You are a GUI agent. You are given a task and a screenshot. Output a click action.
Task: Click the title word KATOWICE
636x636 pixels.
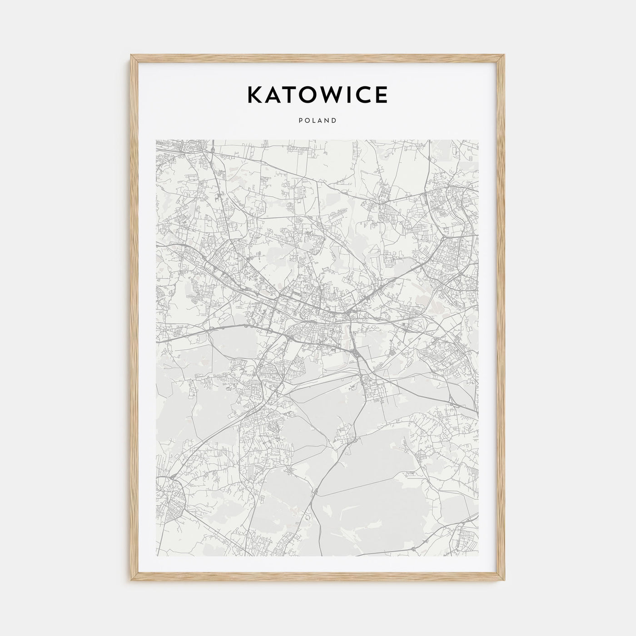pyautogui.click(x=317, y=94)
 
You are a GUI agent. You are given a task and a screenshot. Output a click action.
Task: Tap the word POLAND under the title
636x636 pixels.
pyautogui.click(x=318, y=121)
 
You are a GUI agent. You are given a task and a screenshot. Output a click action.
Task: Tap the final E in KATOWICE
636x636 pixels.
pyautogui.click(x=382, y=94)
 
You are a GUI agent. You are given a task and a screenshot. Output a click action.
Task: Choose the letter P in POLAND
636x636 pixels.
pyautogui.click(x=301, y=121)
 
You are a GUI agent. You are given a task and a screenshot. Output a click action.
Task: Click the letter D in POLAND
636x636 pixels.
pyautogui.click(x=334, y=121)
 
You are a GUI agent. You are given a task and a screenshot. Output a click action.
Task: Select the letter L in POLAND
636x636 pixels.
pyautogui.click(x=314, y=121)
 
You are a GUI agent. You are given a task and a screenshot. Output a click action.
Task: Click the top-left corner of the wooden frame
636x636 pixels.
pyautogui.click(x=130, y=55)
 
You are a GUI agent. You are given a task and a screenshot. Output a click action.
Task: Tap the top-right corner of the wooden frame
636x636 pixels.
pyautogui.click(x=505, y=55)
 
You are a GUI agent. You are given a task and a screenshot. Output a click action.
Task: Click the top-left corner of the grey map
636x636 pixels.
pyautogui.click(x=156, y=140)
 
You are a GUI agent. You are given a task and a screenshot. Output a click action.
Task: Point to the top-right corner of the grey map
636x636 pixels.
pyautogui.click(x=479, y=140)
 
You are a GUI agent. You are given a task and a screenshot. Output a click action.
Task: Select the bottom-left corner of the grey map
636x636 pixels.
pyautogui.click(x=156, y=556)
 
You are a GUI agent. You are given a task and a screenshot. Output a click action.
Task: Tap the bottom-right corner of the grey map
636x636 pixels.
pyautogui.click(x=479, y=556)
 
